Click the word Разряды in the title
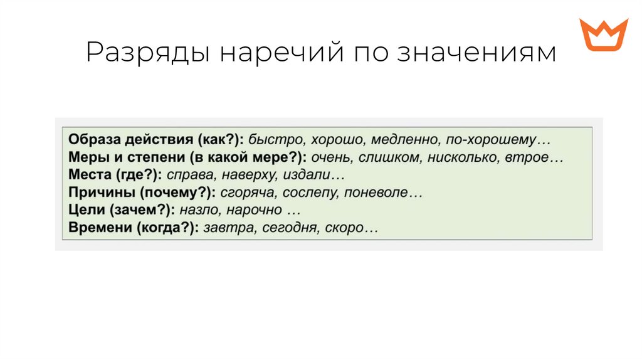pyautogui.click(x=148, y=53)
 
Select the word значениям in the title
pyautogui.click(x=476, y=53)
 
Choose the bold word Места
pyautogui.click(x=88, y=174)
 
